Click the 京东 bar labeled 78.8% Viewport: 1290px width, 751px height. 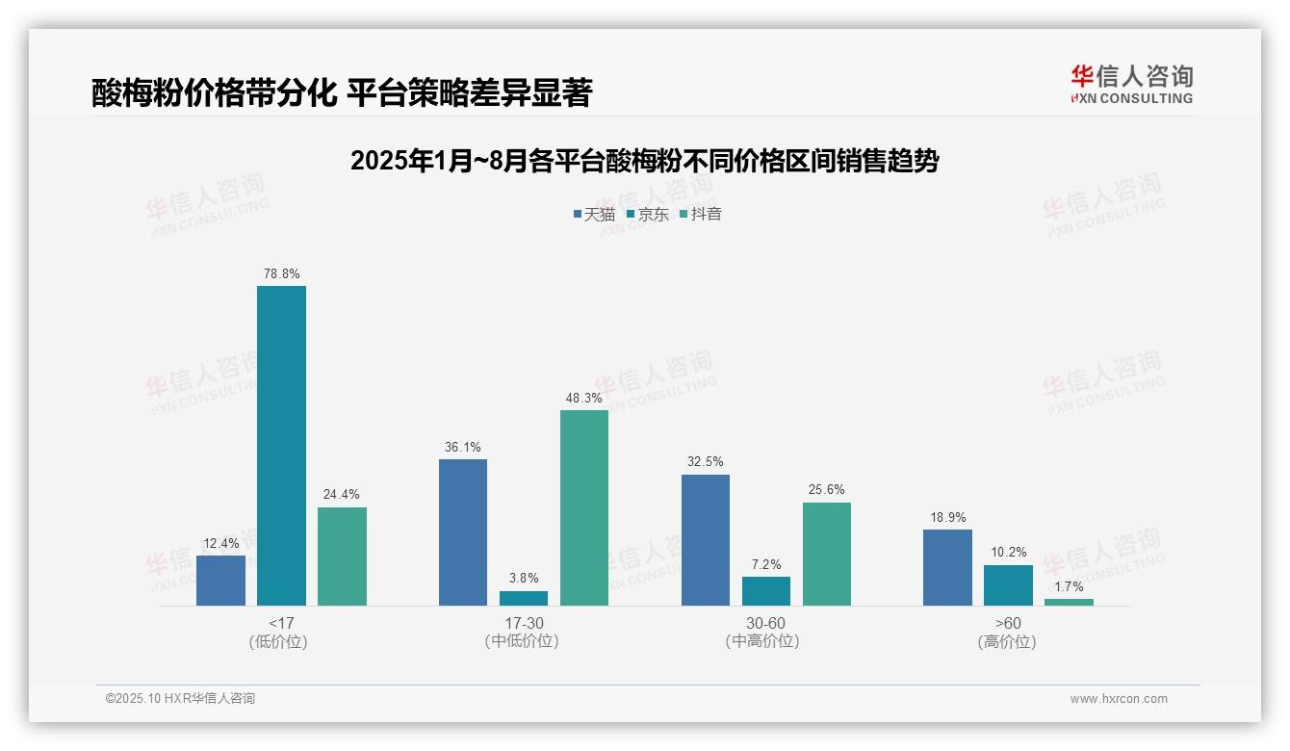(x=281, y=445)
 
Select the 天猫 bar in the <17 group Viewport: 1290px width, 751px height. (x=220, y=581)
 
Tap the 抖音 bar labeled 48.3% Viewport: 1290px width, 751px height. (x=584, y=507)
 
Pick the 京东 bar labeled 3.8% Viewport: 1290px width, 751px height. (x=524, y=598)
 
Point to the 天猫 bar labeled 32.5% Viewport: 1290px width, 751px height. (x=706, y=539)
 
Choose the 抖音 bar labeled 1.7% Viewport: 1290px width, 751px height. (x=1069, y=602)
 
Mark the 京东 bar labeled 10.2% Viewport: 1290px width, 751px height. (x=1008, y=585)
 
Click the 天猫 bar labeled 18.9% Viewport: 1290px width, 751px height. (x=947, y=567)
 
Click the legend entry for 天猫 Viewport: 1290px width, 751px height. (x=594, y=214)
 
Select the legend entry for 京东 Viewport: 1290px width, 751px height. (x=647, y=214)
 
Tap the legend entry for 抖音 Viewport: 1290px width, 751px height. (x=701, y=214)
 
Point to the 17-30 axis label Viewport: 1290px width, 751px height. (x=524, y=624)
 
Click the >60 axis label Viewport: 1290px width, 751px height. (x=1008, y=624)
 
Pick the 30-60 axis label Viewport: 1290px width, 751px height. (x=765, y=624)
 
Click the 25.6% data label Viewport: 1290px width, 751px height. (x=827, y=490)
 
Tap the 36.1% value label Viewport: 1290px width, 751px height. (x=463, y=447)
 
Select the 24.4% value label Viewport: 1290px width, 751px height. (x=342, y=495)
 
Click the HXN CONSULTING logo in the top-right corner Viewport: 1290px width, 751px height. (x=1131, y=85)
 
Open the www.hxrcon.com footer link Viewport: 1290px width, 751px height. (x=1119, y=699)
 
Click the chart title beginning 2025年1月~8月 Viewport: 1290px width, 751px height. (x=644, y=161)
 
